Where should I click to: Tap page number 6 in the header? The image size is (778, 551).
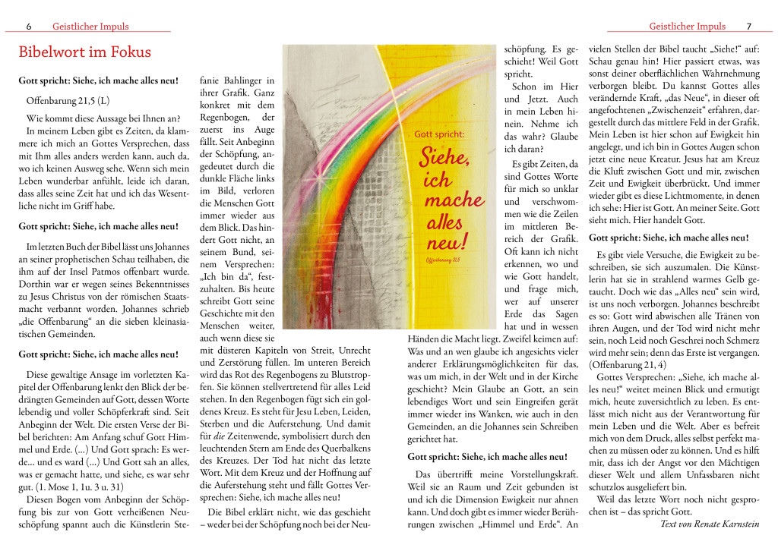tap(29, 27)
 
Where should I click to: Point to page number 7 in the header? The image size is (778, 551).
tap(748, 27)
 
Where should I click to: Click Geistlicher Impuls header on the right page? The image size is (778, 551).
tap(687, 27)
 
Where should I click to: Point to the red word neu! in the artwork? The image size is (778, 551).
tap(448, 243)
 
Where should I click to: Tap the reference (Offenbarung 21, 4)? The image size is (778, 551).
tap(628, 365)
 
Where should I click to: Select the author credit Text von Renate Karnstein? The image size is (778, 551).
tap(710, 524)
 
